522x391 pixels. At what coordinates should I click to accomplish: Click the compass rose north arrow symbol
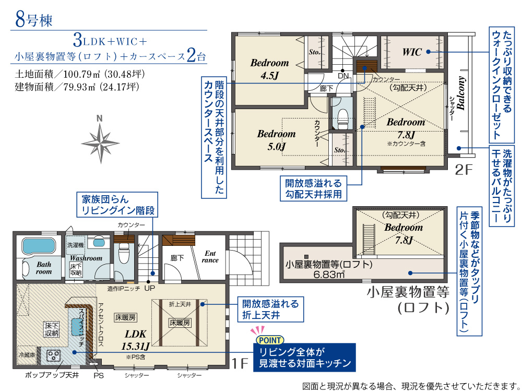click(x=100, y=143)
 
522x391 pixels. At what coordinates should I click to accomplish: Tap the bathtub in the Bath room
click(x=38, y=246)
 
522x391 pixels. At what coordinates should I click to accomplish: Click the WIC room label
click(x=412, y=52)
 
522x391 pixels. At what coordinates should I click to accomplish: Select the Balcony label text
click(x=461, y=93)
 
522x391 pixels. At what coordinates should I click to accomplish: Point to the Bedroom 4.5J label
click(x=269, y=69)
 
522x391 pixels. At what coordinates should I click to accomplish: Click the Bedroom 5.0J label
click(x=276, y=140)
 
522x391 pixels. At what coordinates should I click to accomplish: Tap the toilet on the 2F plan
click(x=342, y=118)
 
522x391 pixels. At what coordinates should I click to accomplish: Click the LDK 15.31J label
click(x=136, y=340)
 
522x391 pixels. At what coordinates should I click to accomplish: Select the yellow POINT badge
click(x=270, y=340)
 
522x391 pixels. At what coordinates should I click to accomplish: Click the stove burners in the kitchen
click(x=53, y=356)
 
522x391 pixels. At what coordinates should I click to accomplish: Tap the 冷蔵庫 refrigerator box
click(x=27, y=355)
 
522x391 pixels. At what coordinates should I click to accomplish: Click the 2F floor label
click(x=464, y=170)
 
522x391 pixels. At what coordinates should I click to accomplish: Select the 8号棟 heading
click(x=33, y=20)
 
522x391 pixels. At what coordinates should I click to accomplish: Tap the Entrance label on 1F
click(x=210, y=257)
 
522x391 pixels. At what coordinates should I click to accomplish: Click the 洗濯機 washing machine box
click(x=76, y=245)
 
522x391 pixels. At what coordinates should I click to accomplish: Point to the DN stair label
click(x=343, y=76)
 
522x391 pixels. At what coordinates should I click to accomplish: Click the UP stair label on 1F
click(x=149, y=288)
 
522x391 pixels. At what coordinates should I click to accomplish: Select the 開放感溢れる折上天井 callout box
click(x=270, y=309)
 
